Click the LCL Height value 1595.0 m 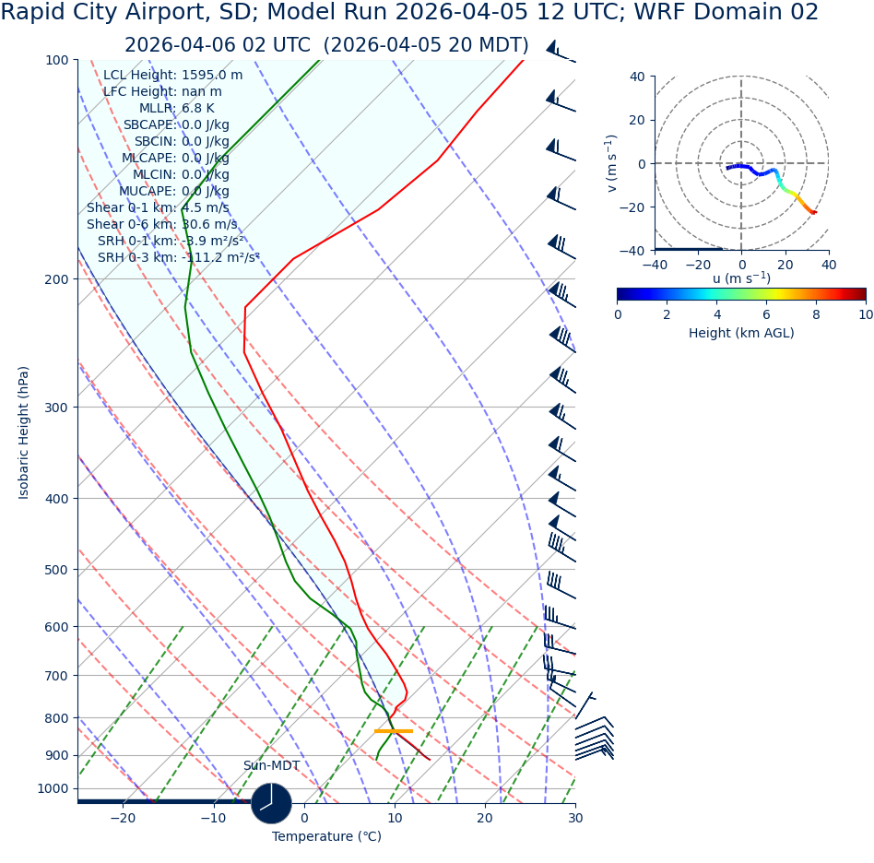pyautogui.click(x=212, y=75)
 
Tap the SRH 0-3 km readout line pyautogui.click(x=178, y=257)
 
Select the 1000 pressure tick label pyautogui.click(x=53, y=788)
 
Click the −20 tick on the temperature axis pyautogui.click(x=123, y=818)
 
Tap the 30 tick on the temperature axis pyautogui.click(x=575, y=818)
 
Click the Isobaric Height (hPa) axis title pyautogui.click(x=24, y=432)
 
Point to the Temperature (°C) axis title pyautogui.click(x=326, y=836)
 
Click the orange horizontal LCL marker pyautogui.click(x=394, y=731)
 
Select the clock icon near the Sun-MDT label pyautogui.click(x=271, y=803)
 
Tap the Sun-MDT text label pyautogui.click(x=271, y=765)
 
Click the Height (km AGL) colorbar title pyautogui.click(x=741, y=333)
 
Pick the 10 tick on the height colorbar pyautogui.click(x=866, y=314)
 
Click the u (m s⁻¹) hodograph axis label pyautogui.click(x=741, y=278)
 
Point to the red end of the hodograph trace pyautogui.click(x=814, y=213)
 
